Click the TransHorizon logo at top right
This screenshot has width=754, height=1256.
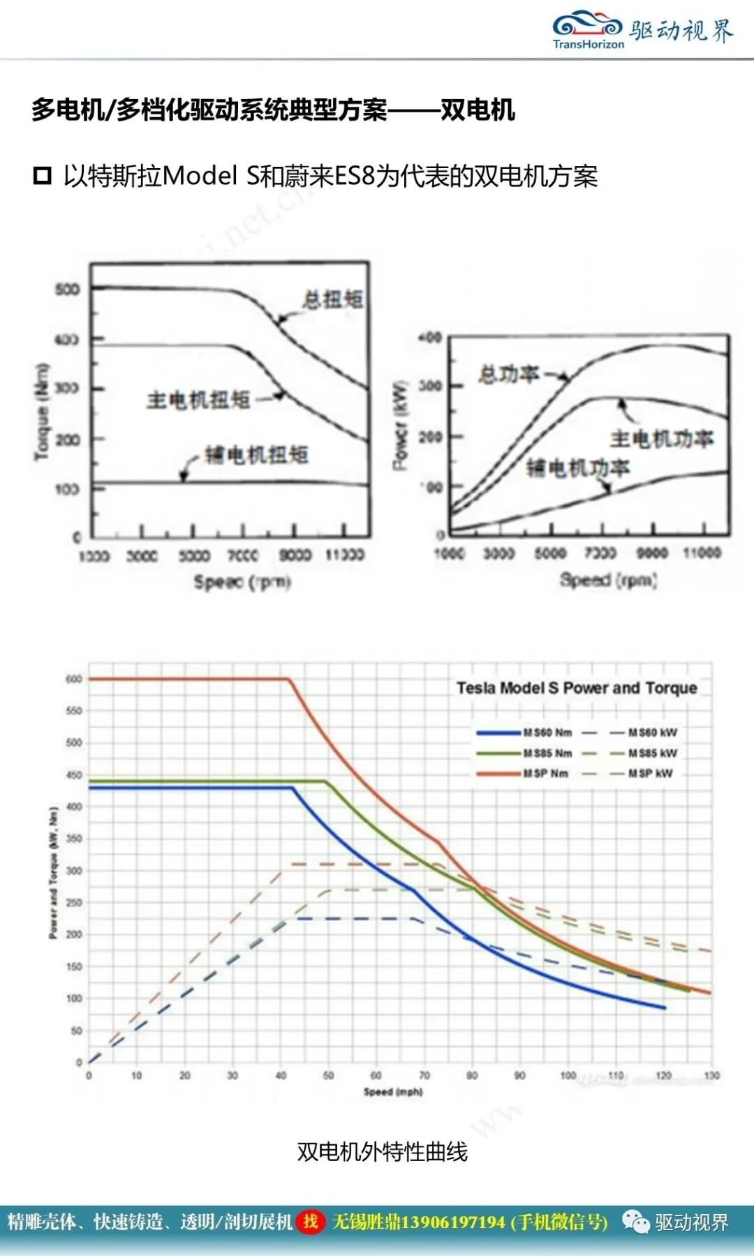pyautogui.click(x=588, y=30)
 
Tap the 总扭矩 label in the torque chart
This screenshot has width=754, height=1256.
pyautogui.click(x=332, y=299)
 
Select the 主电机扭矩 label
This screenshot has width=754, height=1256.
pyautogui.click(x=198, y=400)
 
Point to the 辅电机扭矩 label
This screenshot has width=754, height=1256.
pyautogui.click(x=256, y=455)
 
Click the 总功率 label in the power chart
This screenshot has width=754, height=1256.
pyautogui.click(x=509, y=375)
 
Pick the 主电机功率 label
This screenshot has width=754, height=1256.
pyautogui.click(x=661, y=439)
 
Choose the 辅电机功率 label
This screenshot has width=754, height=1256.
pyautogui.click(x=577, y=468)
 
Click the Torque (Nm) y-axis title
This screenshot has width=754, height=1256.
pyautogui.click(x=43, y=412)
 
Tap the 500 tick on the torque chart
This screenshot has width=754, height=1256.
pyautogui.click(x=67, y=289)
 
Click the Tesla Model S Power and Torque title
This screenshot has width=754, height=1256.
pyautogui.click(x=577, y=688)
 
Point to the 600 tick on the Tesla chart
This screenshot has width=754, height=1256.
pyautogui.click(x=74, y=679)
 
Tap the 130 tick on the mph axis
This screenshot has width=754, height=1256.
pyautogui.click(x=711, y=1075)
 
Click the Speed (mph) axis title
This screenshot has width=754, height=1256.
pyautogui.click(x=393, y=1092)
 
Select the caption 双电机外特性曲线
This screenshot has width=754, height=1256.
pyautogui.click(x=382, y=1152)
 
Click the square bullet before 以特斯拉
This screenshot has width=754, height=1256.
pyautogui.click(x=43, y=176)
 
